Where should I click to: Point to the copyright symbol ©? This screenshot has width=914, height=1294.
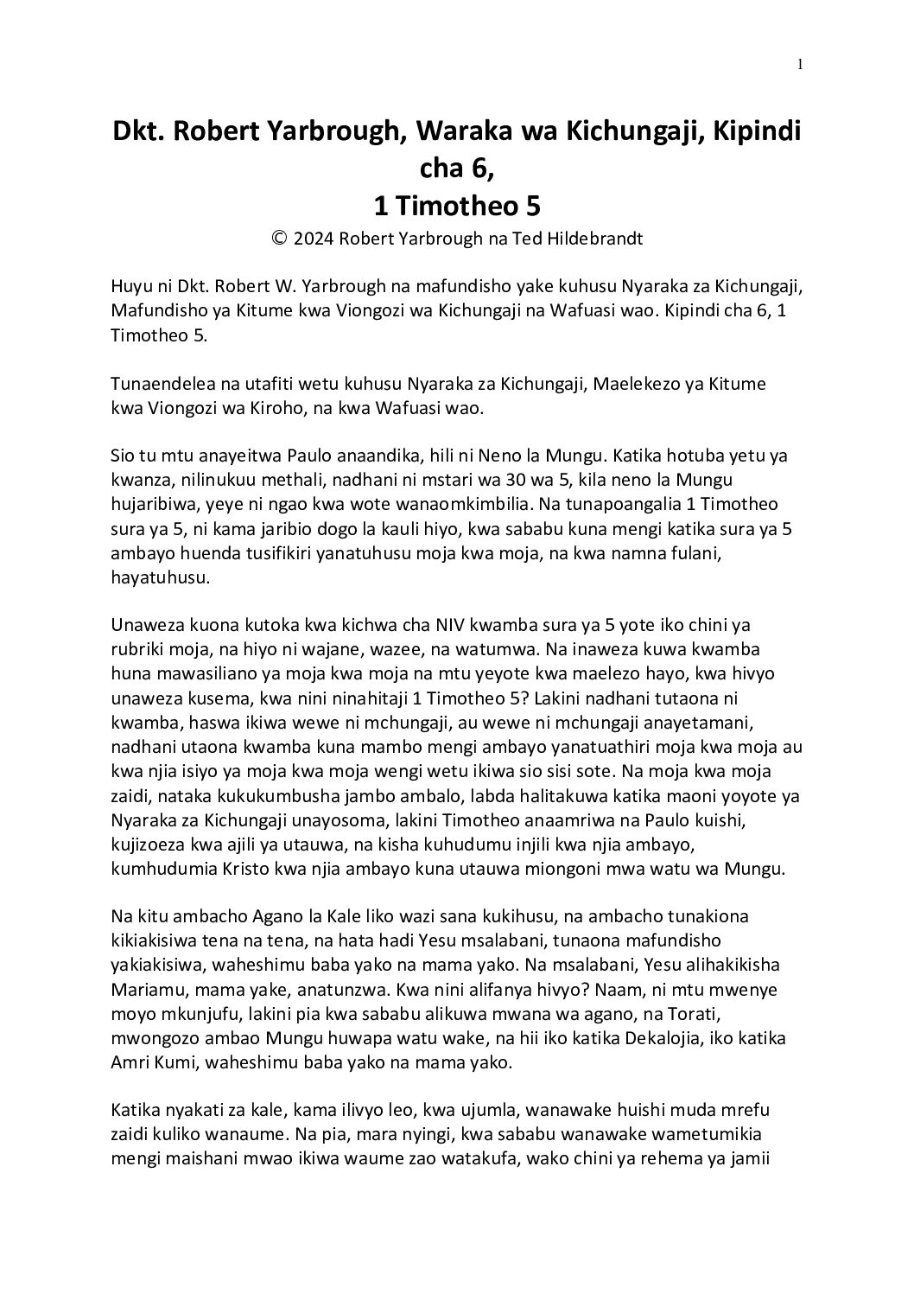[278, 239]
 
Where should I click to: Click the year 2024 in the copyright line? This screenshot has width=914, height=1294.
[313, 239]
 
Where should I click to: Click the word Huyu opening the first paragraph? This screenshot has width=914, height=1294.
[130, 287]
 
